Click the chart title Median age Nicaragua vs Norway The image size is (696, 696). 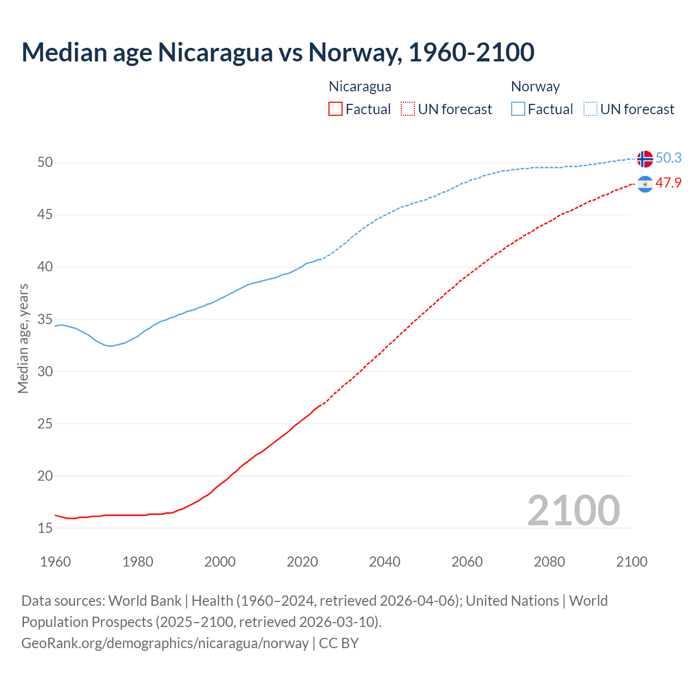278,52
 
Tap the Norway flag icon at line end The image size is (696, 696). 645,159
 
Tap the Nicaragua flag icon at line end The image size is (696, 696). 645,185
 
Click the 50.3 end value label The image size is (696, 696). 668,158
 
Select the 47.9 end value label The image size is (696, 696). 668,183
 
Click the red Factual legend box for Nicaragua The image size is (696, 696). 335,109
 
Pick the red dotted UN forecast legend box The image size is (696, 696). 408,109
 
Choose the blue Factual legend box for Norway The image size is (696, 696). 518,109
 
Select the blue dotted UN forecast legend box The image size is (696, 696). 591,109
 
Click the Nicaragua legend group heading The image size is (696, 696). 360,86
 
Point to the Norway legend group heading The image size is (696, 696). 535,86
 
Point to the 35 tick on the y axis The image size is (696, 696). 45,319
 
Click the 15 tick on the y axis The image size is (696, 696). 45,528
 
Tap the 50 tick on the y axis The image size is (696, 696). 45,163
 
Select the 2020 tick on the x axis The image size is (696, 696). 302,562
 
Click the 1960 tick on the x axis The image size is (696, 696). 55,562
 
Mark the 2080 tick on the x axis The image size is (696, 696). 549,562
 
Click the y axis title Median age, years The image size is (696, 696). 23,338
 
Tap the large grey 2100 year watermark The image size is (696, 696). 573,510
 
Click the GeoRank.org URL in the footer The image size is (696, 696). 165,643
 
